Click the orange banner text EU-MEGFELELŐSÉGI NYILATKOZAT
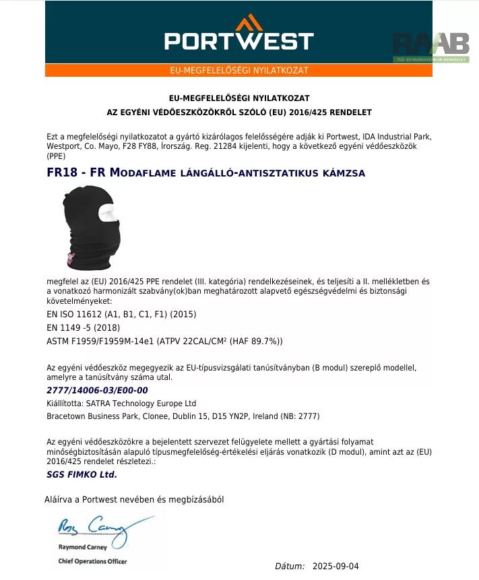(x=239, y=71)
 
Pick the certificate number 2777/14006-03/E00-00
(x=97, y=390)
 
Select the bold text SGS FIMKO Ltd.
(x=82, y=474)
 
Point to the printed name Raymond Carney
(x=81, y=548)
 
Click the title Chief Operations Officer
(x=92, y=561)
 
